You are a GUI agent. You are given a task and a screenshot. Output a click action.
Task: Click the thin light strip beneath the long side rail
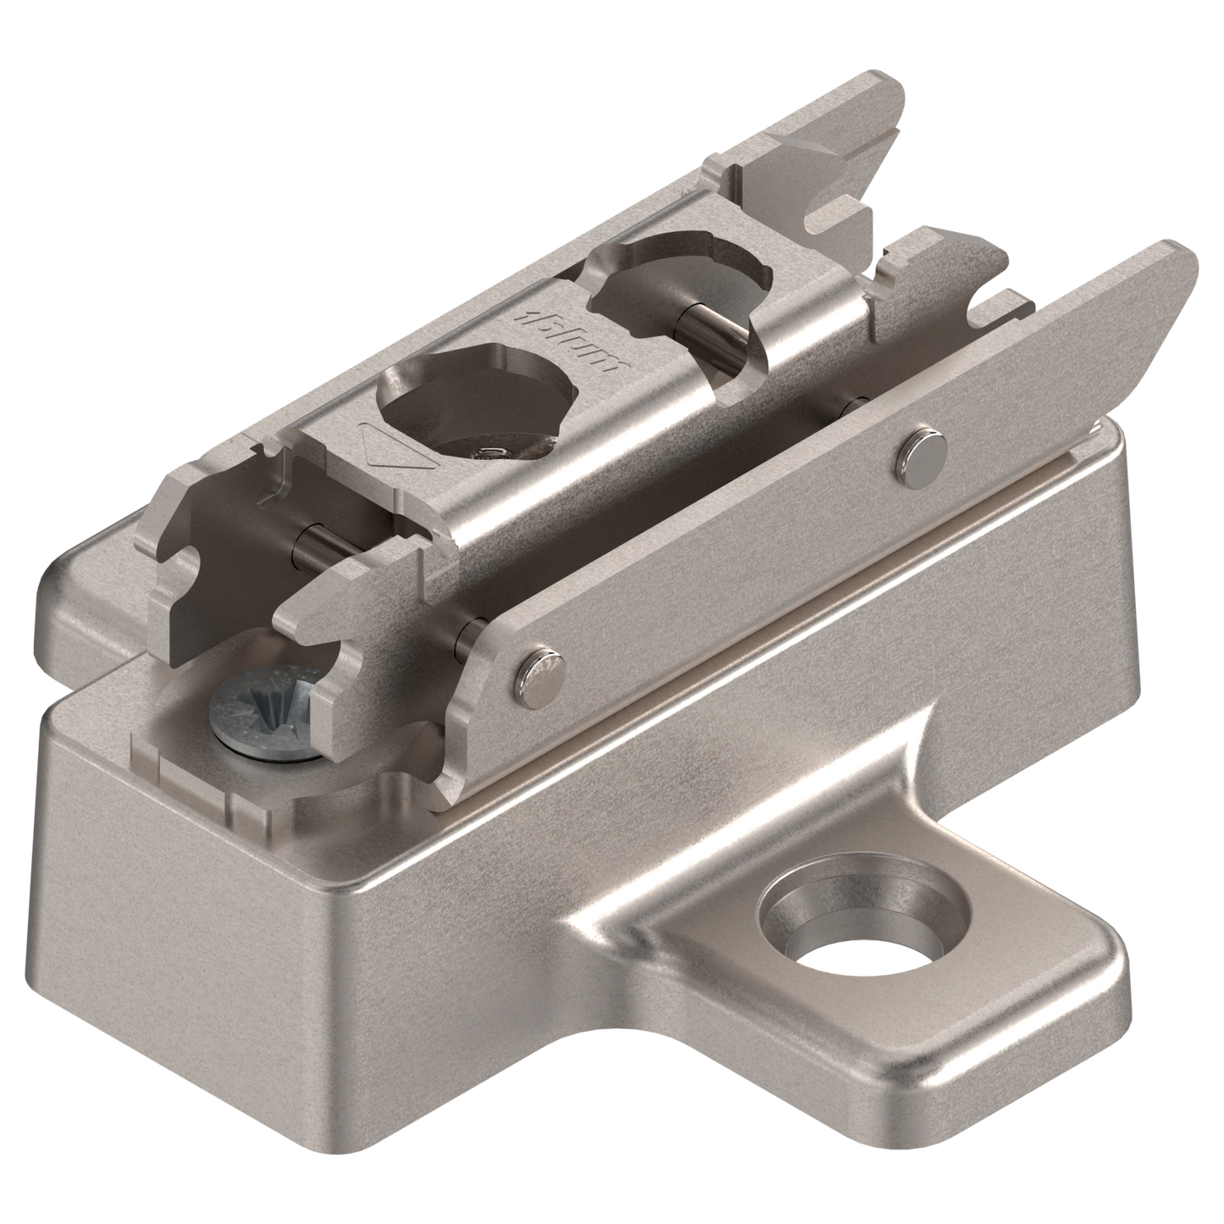762,610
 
